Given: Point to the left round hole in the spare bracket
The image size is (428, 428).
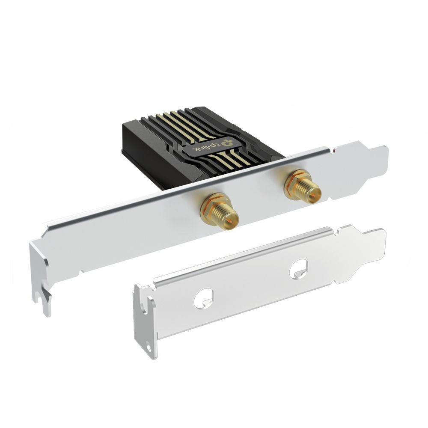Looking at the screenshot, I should [203, 298].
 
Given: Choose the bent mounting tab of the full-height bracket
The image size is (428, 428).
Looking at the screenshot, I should [41, 278].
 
